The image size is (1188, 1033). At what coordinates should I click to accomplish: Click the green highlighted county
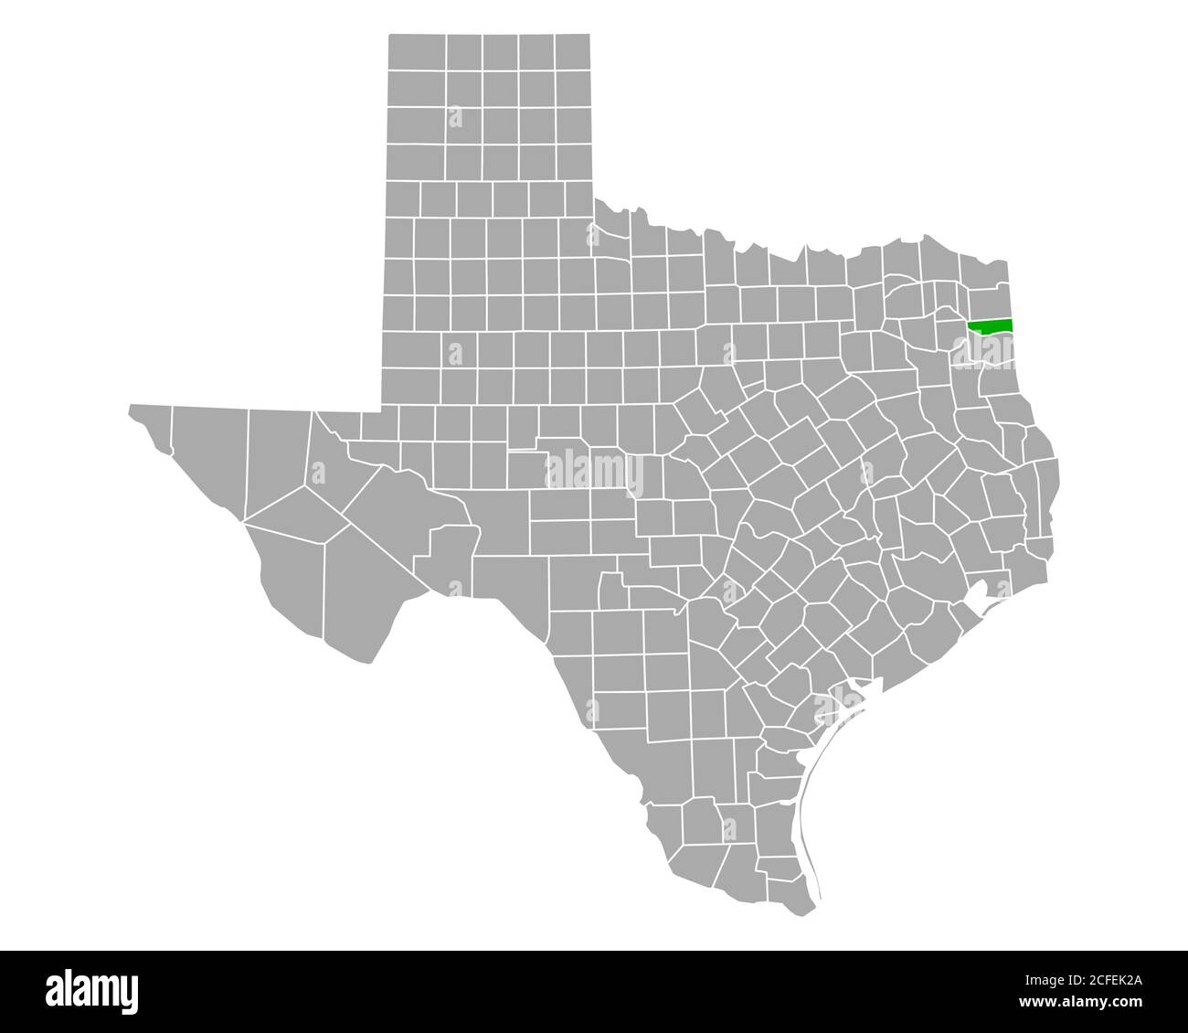991,325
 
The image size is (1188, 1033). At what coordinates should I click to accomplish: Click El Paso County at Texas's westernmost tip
151,426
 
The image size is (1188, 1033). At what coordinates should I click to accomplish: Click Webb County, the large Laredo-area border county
621,731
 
